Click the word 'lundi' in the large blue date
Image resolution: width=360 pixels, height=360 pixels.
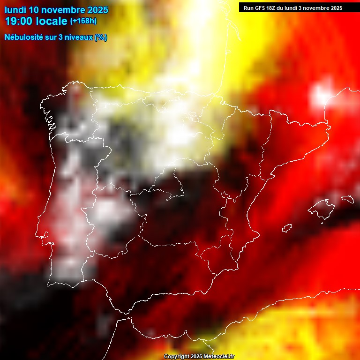(x=15, y=10)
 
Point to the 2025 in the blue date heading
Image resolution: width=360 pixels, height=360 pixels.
(x=97, y=10)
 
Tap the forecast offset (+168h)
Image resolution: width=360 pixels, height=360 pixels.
(x=83, y=21)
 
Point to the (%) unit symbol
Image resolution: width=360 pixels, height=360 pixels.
(x=101, y=37)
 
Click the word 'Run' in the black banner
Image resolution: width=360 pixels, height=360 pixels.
(x=248, y=8)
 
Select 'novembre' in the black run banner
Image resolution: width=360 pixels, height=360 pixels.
(x=317, y=8)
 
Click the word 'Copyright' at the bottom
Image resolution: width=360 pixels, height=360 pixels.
(x=177, y=357)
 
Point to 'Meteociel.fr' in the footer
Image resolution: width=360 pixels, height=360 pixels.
(x=219, y=357)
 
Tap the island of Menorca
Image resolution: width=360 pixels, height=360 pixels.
(x=347, y=199)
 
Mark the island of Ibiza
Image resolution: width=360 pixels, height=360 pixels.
(x=287, y=228)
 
